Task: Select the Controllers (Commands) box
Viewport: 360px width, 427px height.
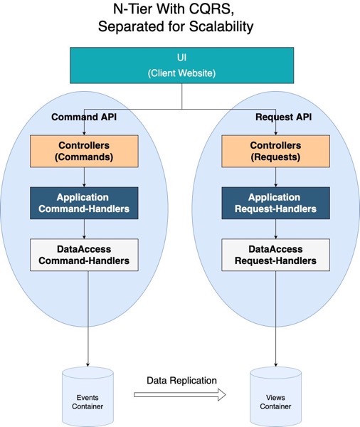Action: pos(85,152)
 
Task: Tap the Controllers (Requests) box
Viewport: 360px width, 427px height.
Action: pos(277,152)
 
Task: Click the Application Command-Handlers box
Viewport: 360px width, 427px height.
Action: pos(85,202)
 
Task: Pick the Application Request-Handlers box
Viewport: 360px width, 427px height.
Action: pos(277,202)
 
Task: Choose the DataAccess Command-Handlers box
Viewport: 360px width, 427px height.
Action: pos(85,254)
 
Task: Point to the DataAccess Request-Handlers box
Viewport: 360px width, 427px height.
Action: pos(277,254)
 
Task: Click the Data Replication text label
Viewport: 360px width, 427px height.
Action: pos(182,380)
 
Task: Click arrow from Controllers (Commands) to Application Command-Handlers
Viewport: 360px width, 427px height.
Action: pos(85,176)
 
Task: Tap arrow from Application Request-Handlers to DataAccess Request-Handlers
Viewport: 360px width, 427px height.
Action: pos(277,228)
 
